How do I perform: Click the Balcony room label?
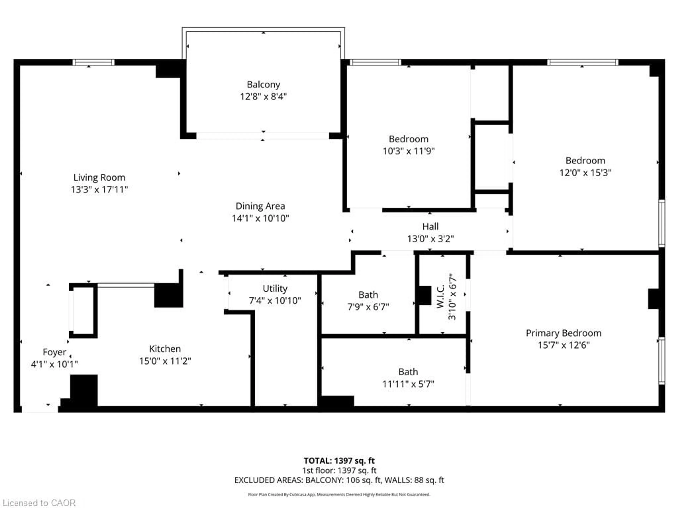click(x=263, y=84)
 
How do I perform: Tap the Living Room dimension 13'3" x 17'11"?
click(x=99, y=190)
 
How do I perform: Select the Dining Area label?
click(x=260, y=206)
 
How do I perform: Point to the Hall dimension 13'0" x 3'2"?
click(x=430, y=238)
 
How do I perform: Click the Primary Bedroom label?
click(x=563, y=333)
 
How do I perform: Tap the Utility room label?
click(x=275, y=288)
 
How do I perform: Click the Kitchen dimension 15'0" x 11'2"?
click(x=165, y=361)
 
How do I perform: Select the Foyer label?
click(x=54, y=352)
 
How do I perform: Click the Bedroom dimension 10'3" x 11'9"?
click(x=409, y=151)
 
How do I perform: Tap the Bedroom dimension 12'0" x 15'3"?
click(x=585, y=173)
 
